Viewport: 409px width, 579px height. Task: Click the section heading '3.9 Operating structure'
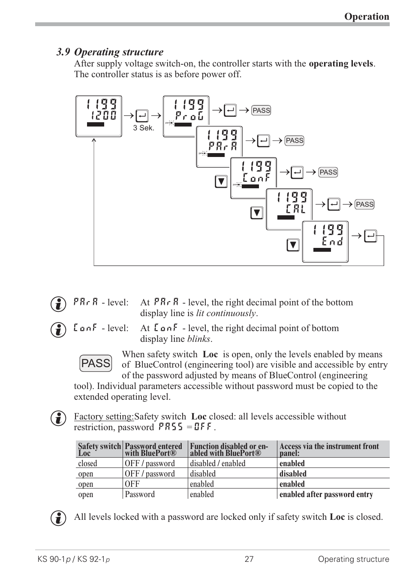pyautogui.click(x=110, y=52)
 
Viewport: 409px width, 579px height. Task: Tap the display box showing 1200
pyautogui.click(x=99, y=116)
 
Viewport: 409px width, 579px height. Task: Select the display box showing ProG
pyautogui.click(x=186, y=116)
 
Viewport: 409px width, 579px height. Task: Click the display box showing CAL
pyautogui.click(x=289, y=209)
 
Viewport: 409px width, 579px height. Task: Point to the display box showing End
pyautogui.click(x=325, y=241)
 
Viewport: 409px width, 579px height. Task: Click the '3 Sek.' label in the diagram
pyautogui.click(x=143, y=128)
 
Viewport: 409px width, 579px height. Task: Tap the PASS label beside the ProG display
pyautogui.click(x=261, y=110)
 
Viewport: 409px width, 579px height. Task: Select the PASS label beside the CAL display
pyautogui.click(x=364, y=204)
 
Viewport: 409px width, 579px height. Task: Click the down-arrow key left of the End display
pyautogui.click(x=293, y=245)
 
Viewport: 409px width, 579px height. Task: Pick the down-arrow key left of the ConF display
pyautogui.click(x=221, y=181)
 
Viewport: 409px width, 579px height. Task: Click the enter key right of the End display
pyautogui.click(x=370, y=236)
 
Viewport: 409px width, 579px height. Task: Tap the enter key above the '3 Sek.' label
pyautogui.click(x=142, y=116)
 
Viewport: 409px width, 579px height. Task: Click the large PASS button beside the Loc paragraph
pyautogui.click(x=96, y=363)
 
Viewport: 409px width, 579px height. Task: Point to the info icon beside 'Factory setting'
pyautogui.click(x=58, y=418)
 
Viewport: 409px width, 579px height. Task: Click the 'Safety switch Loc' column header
pyautogui.click(x=99, y=449)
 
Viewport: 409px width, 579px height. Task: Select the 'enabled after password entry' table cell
pyautogui.click(x=326, y=494)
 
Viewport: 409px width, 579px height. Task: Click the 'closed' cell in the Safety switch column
pyautogui.click(x=87, y=463)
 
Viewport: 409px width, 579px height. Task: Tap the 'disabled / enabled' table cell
pyautogui.click(x=217, y=463)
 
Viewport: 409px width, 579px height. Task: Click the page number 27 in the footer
pyautogui.click(x=249, y=559)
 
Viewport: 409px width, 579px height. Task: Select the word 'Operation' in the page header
pyautogui.click(x=367, y=16)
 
